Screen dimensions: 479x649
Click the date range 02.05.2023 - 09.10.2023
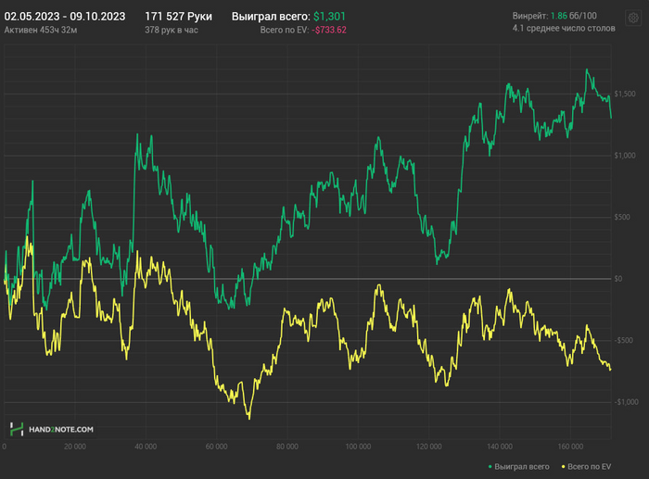[x=64, y=17]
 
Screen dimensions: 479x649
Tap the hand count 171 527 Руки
[x=178, y=17]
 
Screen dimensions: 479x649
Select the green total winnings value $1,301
[x=329, y=17]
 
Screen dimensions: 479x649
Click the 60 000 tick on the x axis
[x=216, y=446]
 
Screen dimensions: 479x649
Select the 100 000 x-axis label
[x=358, y=446]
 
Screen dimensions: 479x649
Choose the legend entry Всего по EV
[x=588, y=465]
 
